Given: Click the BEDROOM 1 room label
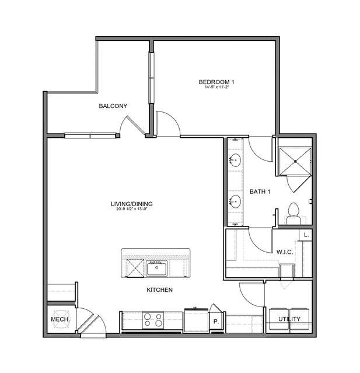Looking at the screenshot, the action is click(216, 82).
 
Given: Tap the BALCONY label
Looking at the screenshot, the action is click(113, 106).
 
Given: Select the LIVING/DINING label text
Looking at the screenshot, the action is click(132, 204).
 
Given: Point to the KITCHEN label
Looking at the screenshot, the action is click(159, 290).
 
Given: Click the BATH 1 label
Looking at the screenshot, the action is click(260, 191).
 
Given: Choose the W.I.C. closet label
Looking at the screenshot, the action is click(285, 252).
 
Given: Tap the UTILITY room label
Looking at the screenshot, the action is click(289, 319).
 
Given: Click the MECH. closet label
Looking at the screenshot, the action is click(61, 319).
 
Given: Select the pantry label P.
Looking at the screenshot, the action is click(216, 322).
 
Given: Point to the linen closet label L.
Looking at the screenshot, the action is click(306, 235).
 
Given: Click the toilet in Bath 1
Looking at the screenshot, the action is click(293, 214).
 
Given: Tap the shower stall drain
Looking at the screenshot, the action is click(295, 161).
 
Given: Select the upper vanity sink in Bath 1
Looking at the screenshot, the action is click(235, 161).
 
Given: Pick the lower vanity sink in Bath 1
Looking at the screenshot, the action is click(235, 201).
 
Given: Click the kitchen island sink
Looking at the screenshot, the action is click(157, 268).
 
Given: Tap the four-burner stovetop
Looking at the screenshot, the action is click(153, 320).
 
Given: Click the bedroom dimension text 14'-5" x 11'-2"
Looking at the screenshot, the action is click(216, 87).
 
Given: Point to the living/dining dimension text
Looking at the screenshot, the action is click(132, 209).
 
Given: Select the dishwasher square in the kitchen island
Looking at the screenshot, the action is click(135, 268).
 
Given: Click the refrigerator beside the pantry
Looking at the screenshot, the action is click(196, 319).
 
